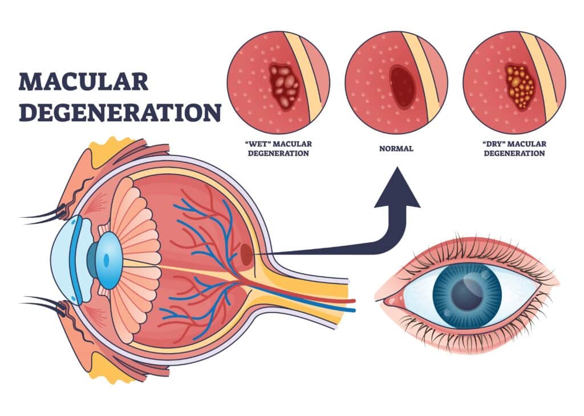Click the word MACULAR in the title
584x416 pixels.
84,81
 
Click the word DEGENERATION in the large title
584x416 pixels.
120,113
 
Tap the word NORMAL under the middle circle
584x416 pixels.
396,149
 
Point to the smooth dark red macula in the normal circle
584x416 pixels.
402,86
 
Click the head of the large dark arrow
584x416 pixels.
398,191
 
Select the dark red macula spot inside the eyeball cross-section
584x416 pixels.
247,254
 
